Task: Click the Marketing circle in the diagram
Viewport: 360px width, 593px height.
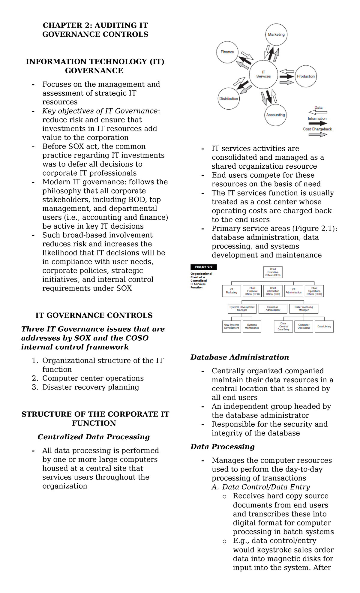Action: tap(276, 35)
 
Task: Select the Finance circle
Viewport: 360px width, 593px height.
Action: tap(227, 52)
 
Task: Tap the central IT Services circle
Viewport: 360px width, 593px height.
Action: tap(263, 74)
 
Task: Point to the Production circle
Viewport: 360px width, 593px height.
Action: tap(306, 76)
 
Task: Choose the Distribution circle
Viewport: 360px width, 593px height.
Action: tap(229, 98)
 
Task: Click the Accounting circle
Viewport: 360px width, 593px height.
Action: tap(275, 115)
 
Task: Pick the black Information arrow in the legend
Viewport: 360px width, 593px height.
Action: tap(318, 123)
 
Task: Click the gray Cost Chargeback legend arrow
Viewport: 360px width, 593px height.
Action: tap(318, 134)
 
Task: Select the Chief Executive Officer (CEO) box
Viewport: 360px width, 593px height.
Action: tap(273, 272)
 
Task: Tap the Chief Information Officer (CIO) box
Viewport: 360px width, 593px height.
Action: tap(273, 291)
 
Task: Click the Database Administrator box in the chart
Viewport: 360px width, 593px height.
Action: tap(273, 309)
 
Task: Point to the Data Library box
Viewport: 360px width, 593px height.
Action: tap(324, 327)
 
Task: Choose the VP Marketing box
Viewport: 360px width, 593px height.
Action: tap(231, 291)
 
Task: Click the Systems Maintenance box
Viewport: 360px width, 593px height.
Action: tap(252, 327)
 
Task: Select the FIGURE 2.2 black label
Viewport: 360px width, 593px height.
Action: tap(203, 267)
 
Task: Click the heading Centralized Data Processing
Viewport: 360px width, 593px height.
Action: tap(94, 437)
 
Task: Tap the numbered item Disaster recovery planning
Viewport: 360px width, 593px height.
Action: tap(91, 387)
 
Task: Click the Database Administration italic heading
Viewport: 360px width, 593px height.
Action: tap(239, 357)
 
